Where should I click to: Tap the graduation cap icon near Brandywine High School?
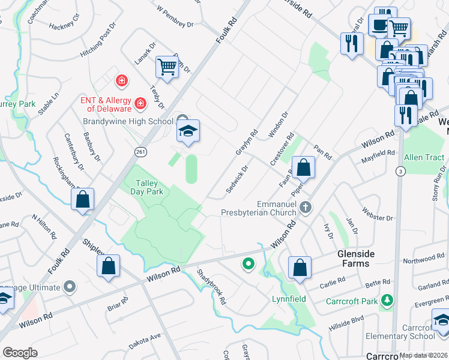click(x=188, y=132)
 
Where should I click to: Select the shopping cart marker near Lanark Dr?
click(x=167, y=68)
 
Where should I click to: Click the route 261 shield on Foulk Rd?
click(x=140, y=151)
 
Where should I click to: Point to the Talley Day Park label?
click(x=147, y=187)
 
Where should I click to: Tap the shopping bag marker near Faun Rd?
click(x=304, y=169)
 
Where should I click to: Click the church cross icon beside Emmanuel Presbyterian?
click(x=306, y=208)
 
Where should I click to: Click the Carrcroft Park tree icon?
click(x=388, y=299)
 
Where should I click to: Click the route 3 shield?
click(x=399, y=172)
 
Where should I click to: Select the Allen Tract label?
click(x=424, y=158)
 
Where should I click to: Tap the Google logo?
click(x=20, y=353)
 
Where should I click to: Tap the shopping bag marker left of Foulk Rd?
click(x=83, y=200)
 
